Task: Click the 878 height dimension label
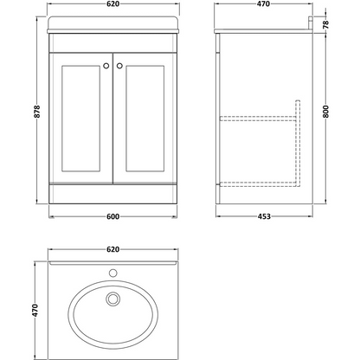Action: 37,111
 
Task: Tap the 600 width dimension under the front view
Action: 112,216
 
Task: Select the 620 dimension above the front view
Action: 112,3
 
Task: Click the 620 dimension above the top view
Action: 112,249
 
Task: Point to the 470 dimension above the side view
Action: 263,3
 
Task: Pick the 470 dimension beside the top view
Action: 35,310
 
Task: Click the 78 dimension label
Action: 325,24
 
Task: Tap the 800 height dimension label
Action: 325,111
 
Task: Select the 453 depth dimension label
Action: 264,216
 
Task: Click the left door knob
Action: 106,66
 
